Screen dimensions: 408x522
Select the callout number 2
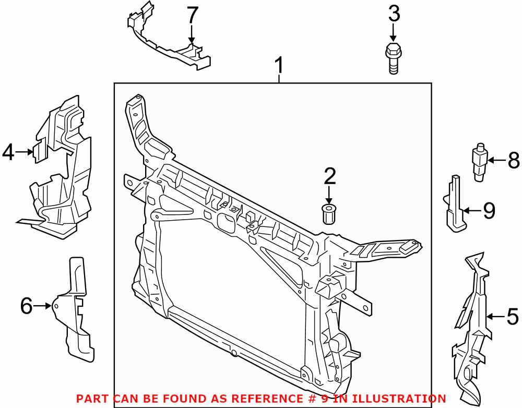pyautogui.click(x=329, y=177)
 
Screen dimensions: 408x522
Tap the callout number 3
pyautogui.click(x=394, y=14)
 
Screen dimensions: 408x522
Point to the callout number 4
pyautogui.click(x=8, y=152)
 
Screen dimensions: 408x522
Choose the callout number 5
pyautogui.click(x=513, y=316)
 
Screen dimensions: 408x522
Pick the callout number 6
pyautogui.click(x=26, y=306)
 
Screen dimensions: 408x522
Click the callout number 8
pyautogui.click(x=514, y=161)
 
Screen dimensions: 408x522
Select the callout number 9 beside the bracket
pyautogui.click(x=489, y=210)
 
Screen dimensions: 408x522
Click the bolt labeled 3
pyautogui.click(x=394, y=58)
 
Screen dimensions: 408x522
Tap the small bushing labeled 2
pyautogui.click(x=329, y=214)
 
